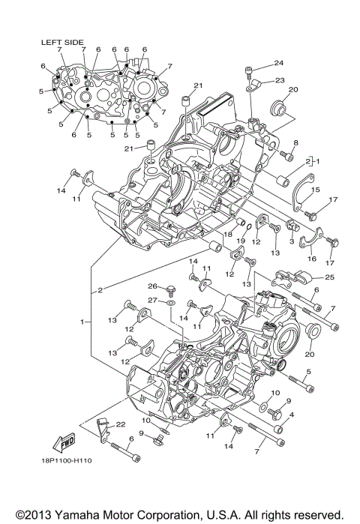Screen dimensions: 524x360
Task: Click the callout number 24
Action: [x=278, y=63]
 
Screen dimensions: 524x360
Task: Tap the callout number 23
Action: [x=279, y=80]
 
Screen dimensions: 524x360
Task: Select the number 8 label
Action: [x=296, y=142]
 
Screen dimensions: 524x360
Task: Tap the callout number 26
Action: [x=151, y=286]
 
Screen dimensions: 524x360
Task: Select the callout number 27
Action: [x=151, y=300]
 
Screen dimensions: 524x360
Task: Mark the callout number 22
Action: [x=120, y=424]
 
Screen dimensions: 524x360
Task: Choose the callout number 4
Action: [x=291, y=415]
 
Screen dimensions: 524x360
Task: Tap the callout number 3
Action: [x=291, y=241]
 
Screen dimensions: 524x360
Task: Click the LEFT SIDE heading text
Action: [x=62, y=42]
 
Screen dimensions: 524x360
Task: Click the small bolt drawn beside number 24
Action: [x=248, y=72]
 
